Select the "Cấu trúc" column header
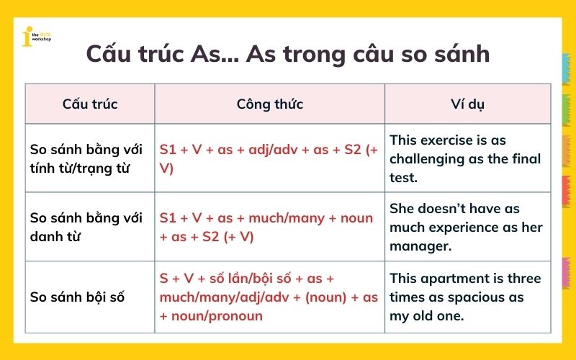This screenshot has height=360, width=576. pos(90,104)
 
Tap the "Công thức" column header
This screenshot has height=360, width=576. pos(269,104)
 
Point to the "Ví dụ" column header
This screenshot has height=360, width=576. pos(467,104)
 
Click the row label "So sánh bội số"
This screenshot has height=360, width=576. pos(78,297)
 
